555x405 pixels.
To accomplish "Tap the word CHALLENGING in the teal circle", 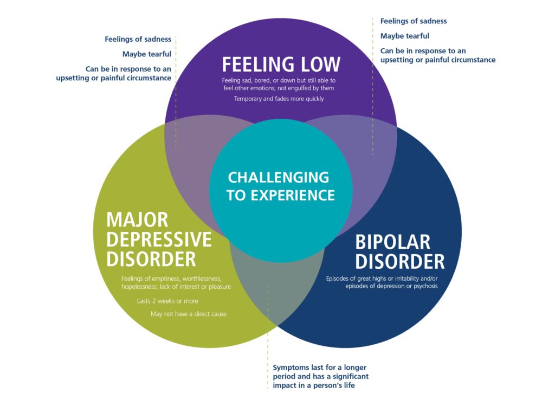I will point(279,177).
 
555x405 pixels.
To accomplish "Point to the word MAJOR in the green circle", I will point(138,220).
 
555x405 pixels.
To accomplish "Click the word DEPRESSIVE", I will point(159,239).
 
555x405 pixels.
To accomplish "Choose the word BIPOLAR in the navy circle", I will point(393,242).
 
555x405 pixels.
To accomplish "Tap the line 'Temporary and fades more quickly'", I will point(279,99).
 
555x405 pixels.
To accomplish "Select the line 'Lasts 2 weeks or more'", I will point(167,301).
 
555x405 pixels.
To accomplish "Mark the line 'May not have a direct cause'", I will point(189,314).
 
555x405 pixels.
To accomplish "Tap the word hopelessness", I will point(139,287).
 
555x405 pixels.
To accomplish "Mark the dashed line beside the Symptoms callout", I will point(268,337).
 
